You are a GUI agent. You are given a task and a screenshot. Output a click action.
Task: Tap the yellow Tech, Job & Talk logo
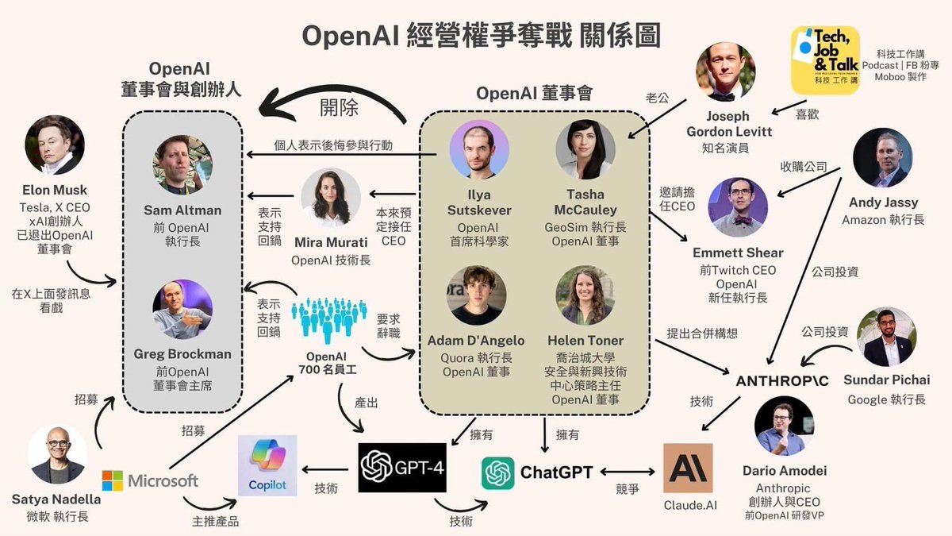pyautogui.click(x=825, y=60)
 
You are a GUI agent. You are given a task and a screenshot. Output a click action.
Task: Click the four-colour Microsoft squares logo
pyautogui.click(x=113, y=480)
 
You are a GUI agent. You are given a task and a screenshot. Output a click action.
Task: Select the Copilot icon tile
pyautogui.click(x=267, y=465)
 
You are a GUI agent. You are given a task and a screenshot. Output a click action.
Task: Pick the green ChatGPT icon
pyautogui.click(x=498, y=472)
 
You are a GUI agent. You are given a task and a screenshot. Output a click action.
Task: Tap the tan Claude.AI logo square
pyautogui.click(x=688, y=468)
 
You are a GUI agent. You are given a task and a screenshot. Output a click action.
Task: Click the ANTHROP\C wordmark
pyautogui.click(x=782, y=381)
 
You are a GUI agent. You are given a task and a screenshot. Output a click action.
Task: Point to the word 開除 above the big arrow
pyautogui.click(x=339, y=106)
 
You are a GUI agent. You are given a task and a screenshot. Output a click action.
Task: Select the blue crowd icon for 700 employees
pyautogui.click(x=328, y=321)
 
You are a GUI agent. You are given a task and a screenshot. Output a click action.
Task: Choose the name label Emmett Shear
pyautogui.click(x=737, y=253)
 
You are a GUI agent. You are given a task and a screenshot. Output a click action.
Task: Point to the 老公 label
pyautogui.click(x=658, y=98)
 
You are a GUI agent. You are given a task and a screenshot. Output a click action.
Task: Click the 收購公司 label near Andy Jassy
pyautogui.click(x=804, y=168)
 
